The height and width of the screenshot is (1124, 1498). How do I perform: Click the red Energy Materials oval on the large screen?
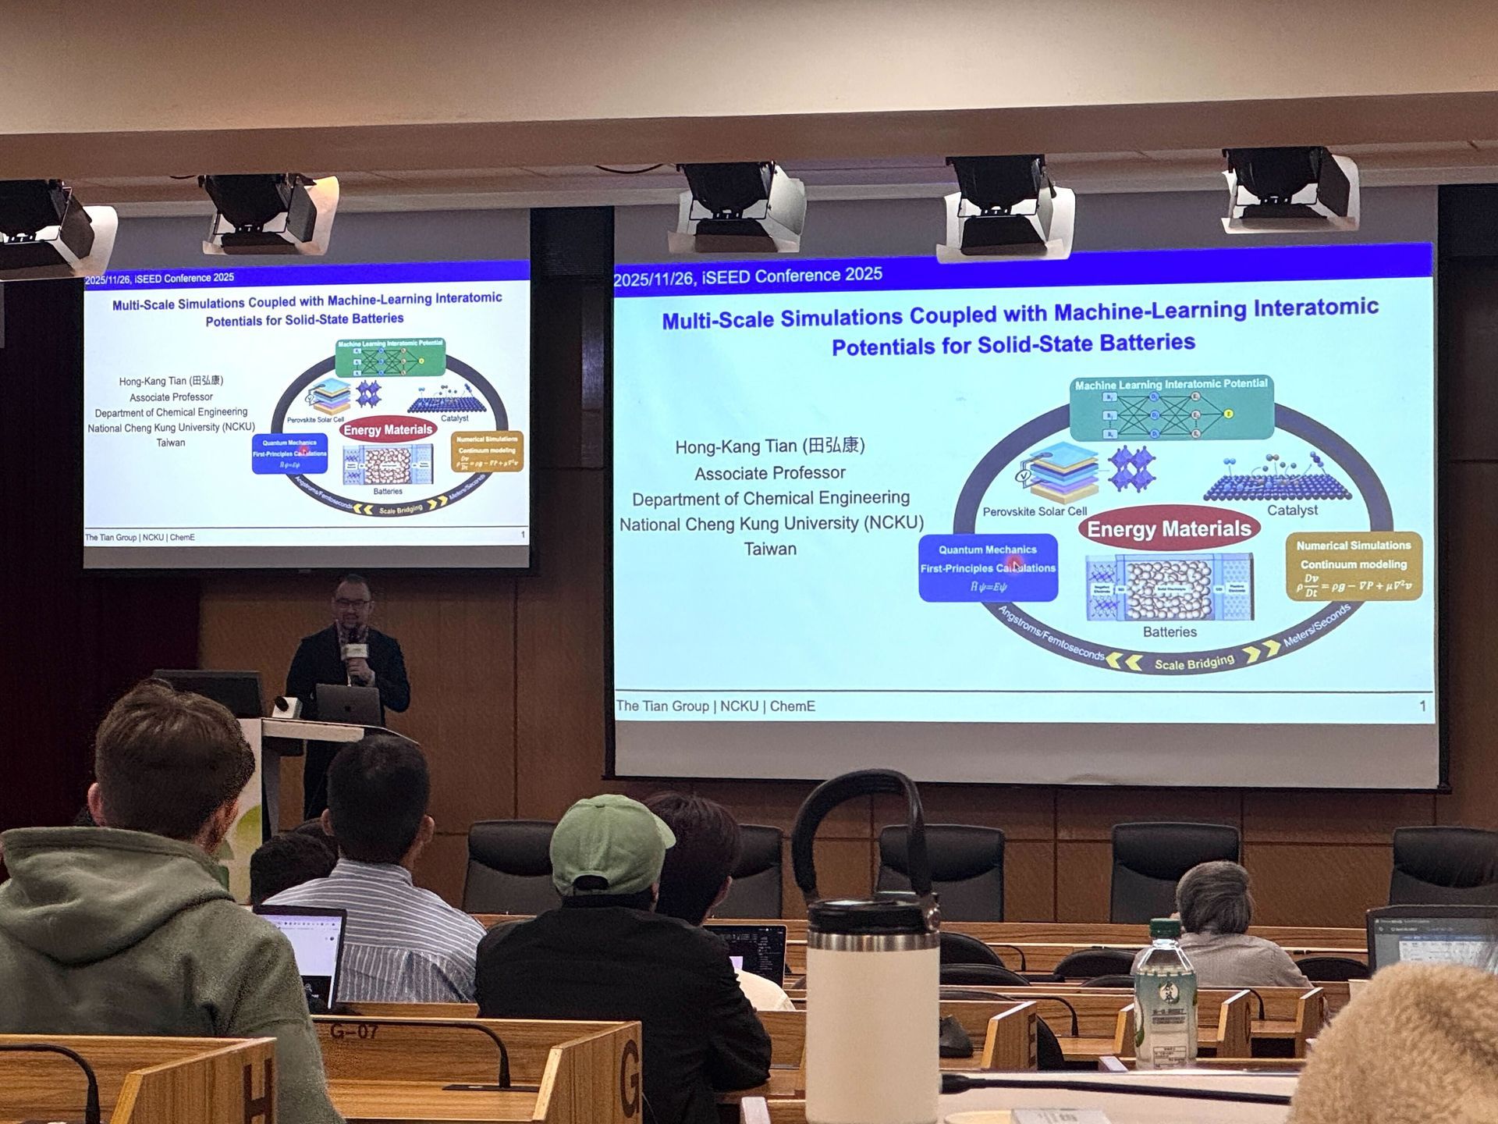click(x=1169, y=529)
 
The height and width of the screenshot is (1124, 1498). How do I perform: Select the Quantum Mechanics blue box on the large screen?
click(x=988, y=567)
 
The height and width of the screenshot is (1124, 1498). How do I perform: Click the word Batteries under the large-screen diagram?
click(x=1170, y=632)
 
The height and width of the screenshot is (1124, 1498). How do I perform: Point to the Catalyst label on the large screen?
click(x=1292, y=510)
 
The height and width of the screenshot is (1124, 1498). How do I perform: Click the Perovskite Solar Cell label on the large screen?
click(x=1035, y=512)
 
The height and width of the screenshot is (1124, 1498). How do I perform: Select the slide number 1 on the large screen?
click(x=1422, y=706)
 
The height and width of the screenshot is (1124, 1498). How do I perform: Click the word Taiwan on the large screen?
click(x=770, y=549)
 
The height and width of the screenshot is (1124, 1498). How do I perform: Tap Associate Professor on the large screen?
click(x=770, y=473)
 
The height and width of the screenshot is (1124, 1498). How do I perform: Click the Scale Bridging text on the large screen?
click(x=1194, y=663)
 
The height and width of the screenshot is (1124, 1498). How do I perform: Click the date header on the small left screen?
click(x=159, y=279)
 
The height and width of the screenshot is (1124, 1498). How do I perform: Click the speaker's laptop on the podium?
click(x=348, y=705)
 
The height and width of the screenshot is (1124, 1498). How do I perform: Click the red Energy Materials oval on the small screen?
click(x=388, y=430)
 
